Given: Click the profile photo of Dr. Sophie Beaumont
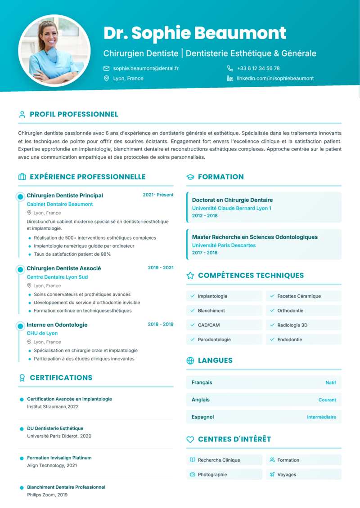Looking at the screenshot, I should (x=54, y=51).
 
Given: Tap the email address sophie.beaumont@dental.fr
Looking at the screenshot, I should (x=146, y=68).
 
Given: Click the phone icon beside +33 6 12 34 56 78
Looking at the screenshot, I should (x=230, y=68).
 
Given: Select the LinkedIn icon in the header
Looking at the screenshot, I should (x=230, y=78).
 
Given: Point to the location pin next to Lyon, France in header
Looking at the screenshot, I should (x=107, y=78).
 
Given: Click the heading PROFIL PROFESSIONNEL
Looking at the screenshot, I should (x=74, y=114).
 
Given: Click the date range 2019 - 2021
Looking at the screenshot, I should (x=161, y=267).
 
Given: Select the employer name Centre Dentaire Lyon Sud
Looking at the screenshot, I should (x=57, y=277).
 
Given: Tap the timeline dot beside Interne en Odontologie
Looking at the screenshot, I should (x=20, y=325).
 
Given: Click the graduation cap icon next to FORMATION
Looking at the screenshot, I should (x=190, y=177).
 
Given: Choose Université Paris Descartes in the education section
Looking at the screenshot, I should (x=224, y=245).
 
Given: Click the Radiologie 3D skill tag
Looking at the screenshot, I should (x=292, y=325).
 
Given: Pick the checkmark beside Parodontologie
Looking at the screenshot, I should (x=193, y=339).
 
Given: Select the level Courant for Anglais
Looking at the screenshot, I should (x=327, y=400).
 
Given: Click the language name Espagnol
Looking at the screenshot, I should (x=202, y=417).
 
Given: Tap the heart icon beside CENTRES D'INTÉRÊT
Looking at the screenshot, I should (x=190, y=439).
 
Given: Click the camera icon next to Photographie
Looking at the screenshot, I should (x=193, y=474).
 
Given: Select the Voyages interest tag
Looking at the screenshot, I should (x=287, y=474).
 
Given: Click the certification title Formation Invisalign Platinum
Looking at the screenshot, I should (x=59, y=458).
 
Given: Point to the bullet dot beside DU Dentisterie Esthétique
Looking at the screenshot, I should (x=22, y=429).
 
